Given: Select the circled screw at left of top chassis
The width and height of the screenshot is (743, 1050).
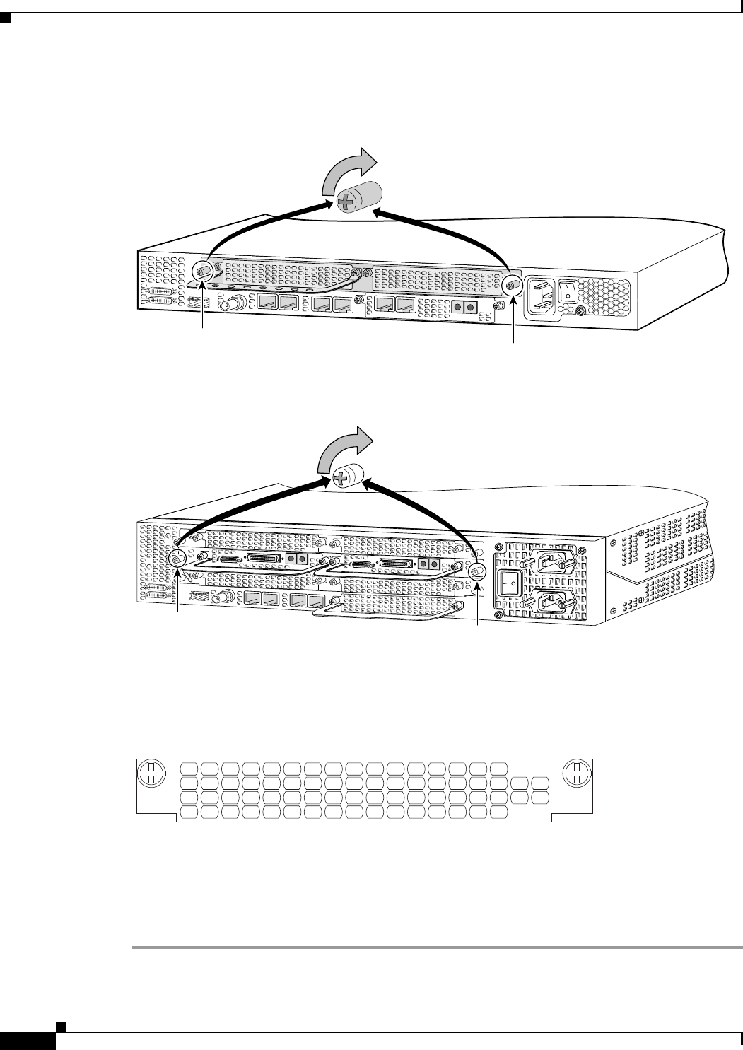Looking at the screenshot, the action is pyautogui.click(x=202, y=272).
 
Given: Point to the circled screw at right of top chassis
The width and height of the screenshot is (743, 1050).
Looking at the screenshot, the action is pyautogui.click(x=511, y=286).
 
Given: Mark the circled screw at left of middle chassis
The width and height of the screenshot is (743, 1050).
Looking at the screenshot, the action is pyautogui.click(x=177, y=559).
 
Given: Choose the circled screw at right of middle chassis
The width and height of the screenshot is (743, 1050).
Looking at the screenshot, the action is pyautogui.click(x=478, y=572).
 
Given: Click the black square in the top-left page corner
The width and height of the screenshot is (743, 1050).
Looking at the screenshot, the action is pyautogui.click(x=5, y=18).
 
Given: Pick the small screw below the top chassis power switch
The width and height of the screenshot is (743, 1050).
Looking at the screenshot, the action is pyautogui.click(x=581, y=311).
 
